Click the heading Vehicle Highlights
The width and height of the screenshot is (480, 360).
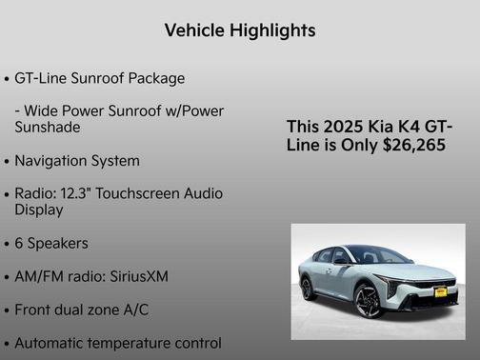(240, 30)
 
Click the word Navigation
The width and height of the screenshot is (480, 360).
(53, 161)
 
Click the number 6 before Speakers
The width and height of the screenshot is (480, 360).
(19, 243)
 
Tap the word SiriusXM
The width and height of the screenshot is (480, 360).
(135, 276)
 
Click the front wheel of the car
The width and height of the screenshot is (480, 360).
(367, 302)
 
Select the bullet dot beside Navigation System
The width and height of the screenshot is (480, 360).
(8, 162)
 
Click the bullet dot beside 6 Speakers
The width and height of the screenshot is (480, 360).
(8, 244)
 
